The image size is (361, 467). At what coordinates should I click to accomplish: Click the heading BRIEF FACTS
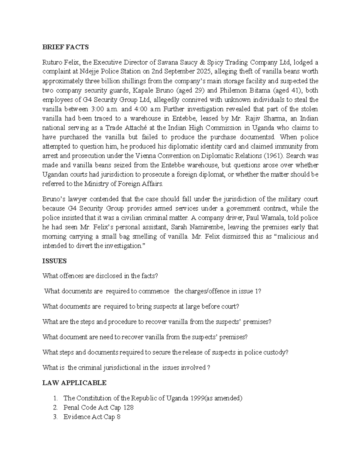66,47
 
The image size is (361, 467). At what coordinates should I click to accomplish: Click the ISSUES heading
54,261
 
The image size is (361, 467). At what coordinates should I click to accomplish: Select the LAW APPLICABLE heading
74,383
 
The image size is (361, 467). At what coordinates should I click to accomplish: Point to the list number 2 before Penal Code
55,408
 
